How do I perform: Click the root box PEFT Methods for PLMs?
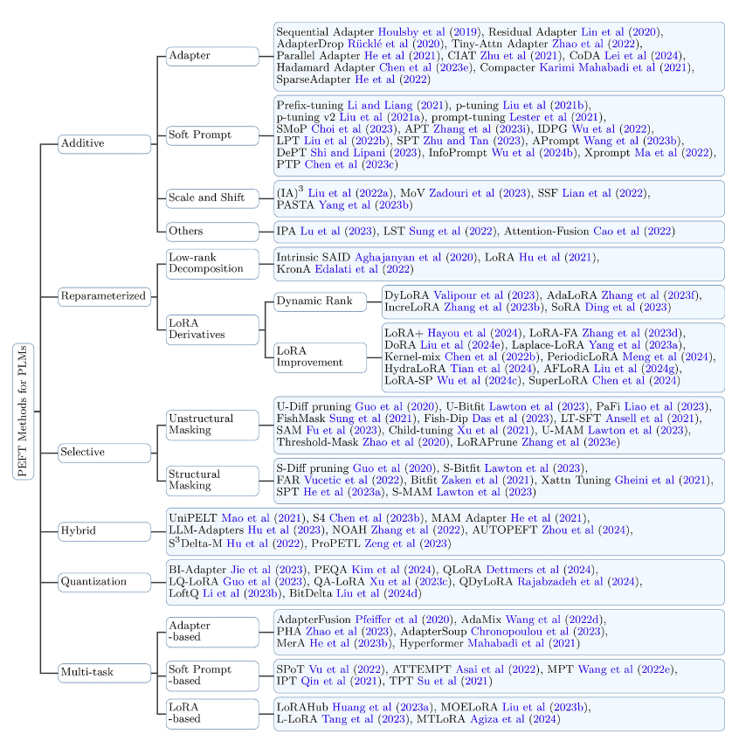point(25,411)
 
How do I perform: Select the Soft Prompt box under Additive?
point(213,135)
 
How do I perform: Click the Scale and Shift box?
point(213,197)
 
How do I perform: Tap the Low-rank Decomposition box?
point(213,263)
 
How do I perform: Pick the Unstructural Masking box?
point(213,425)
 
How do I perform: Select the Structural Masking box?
point(213,480)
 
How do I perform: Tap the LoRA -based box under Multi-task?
point(213,713)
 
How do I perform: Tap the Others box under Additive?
point(213,232)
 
